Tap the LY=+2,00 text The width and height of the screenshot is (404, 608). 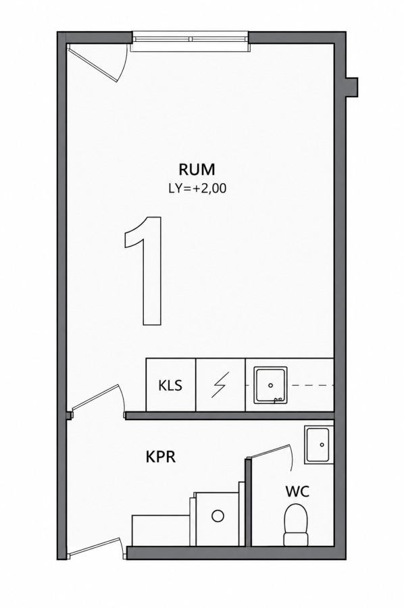click(197, 188)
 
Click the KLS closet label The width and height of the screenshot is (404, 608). click(170, 386)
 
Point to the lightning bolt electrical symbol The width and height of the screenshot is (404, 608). click(220, 384)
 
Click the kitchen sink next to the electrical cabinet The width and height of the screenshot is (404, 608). click(271, 384)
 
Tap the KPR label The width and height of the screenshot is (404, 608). click(161, 457)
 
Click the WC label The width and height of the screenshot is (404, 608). click(297, 492)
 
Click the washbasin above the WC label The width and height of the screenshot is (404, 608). click(318, 445)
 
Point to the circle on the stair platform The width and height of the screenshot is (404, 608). click(218, 515)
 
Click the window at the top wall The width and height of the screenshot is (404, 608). click(190, 41)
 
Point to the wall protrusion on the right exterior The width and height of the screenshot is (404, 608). click(352, 87)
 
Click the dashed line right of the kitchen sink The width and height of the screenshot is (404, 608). click(310, 385)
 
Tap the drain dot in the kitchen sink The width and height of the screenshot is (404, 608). click(271, 385)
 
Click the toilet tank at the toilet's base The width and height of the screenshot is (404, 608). click(296, 539)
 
